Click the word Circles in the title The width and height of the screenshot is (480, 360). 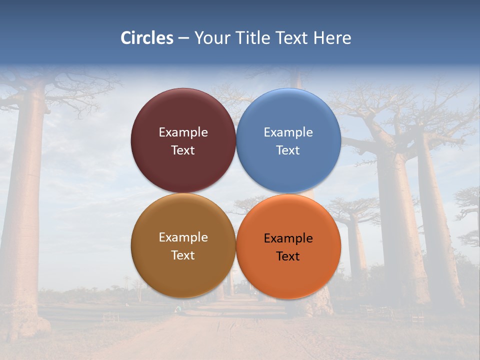(x=147, y=38)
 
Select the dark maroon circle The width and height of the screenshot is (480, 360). (x=183, y=115)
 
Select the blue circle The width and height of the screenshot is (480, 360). (x=288, y=115)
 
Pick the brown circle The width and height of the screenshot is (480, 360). (x=183, y=270)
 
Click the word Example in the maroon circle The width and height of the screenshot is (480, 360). (x=183, y=132)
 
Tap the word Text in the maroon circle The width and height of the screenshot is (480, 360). (x=183, y=150)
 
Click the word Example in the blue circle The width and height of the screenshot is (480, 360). (x=288, y=132)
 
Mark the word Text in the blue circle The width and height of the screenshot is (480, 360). (x=288, y=150)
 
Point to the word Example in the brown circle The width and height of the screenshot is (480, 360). (x=183, y=237)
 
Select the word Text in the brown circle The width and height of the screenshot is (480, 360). (x=183, y=255)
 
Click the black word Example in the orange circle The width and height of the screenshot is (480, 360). (x=288, y=238)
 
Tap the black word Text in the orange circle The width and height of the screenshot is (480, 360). (x=288, y=256)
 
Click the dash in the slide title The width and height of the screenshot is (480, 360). (x=183, y=38)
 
